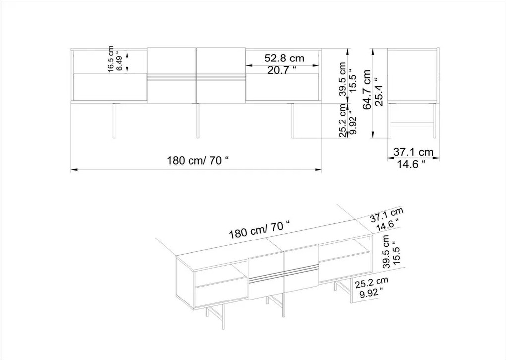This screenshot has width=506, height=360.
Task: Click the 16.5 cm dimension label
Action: [111, 59]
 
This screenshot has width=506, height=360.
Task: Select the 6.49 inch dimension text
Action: [119, 61]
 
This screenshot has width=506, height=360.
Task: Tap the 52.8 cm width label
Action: [284, 58]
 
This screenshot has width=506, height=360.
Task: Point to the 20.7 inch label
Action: [282, 70]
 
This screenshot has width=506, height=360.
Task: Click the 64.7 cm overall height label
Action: [367, 90]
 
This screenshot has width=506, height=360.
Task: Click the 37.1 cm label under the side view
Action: [413, 152]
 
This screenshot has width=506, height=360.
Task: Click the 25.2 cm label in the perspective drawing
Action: [372, 283]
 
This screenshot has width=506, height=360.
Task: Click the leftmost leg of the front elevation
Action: [114, 121]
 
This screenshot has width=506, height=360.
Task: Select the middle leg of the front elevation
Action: [198, 121]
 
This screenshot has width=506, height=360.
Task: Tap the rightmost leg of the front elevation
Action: [293, 121]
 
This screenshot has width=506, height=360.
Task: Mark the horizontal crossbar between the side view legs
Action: [412, 123]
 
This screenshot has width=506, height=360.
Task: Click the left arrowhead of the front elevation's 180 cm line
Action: [74, 169]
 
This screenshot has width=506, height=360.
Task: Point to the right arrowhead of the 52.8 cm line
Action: [316, 65]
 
